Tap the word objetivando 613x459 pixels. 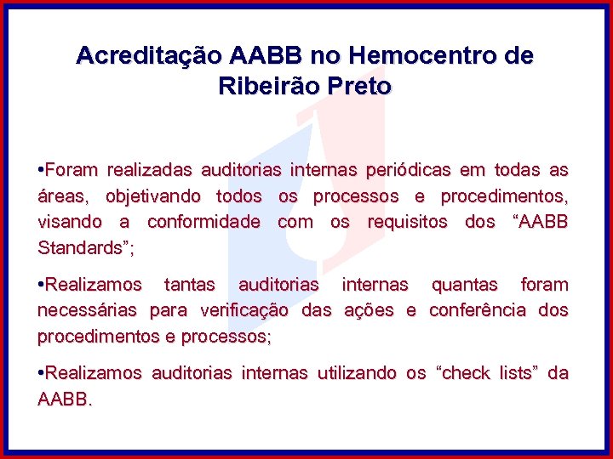click(x=153, y=196)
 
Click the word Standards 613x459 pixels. click(x=82, y=249)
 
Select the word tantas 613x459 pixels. click(x=190, y=284)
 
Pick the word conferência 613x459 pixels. click(x=479, y=310)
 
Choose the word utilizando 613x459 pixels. click(x=357, y=372)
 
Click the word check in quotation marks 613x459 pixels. click(x=466, y=372)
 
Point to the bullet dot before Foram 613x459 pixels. click(x=41, y=170)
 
